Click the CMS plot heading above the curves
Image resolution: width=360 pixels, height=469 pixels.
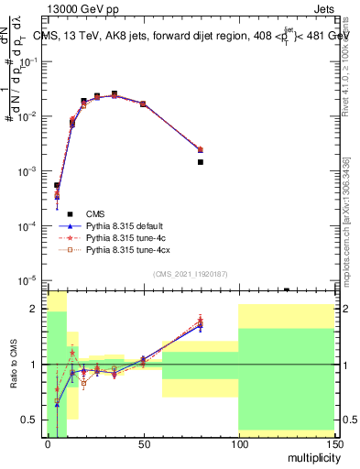[193, 35]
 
